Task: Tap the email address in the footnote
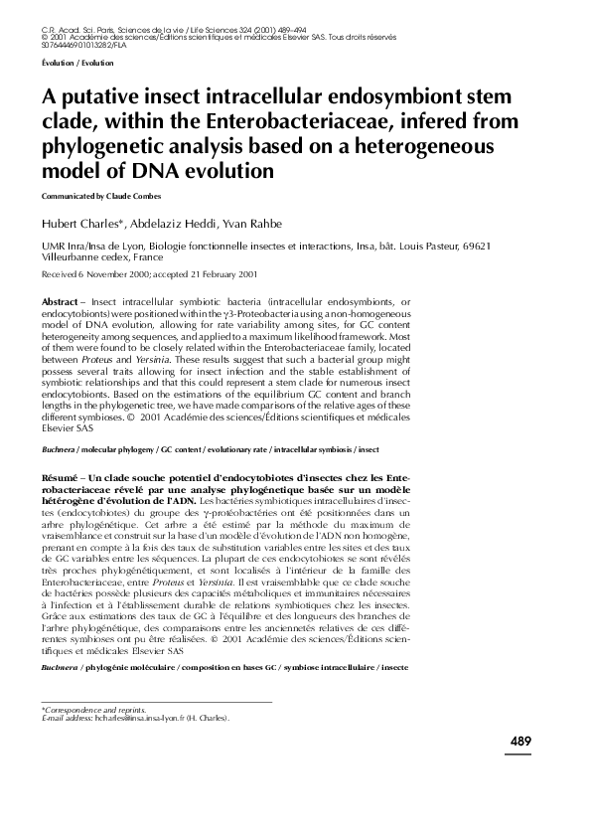[x=155, y=718]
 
